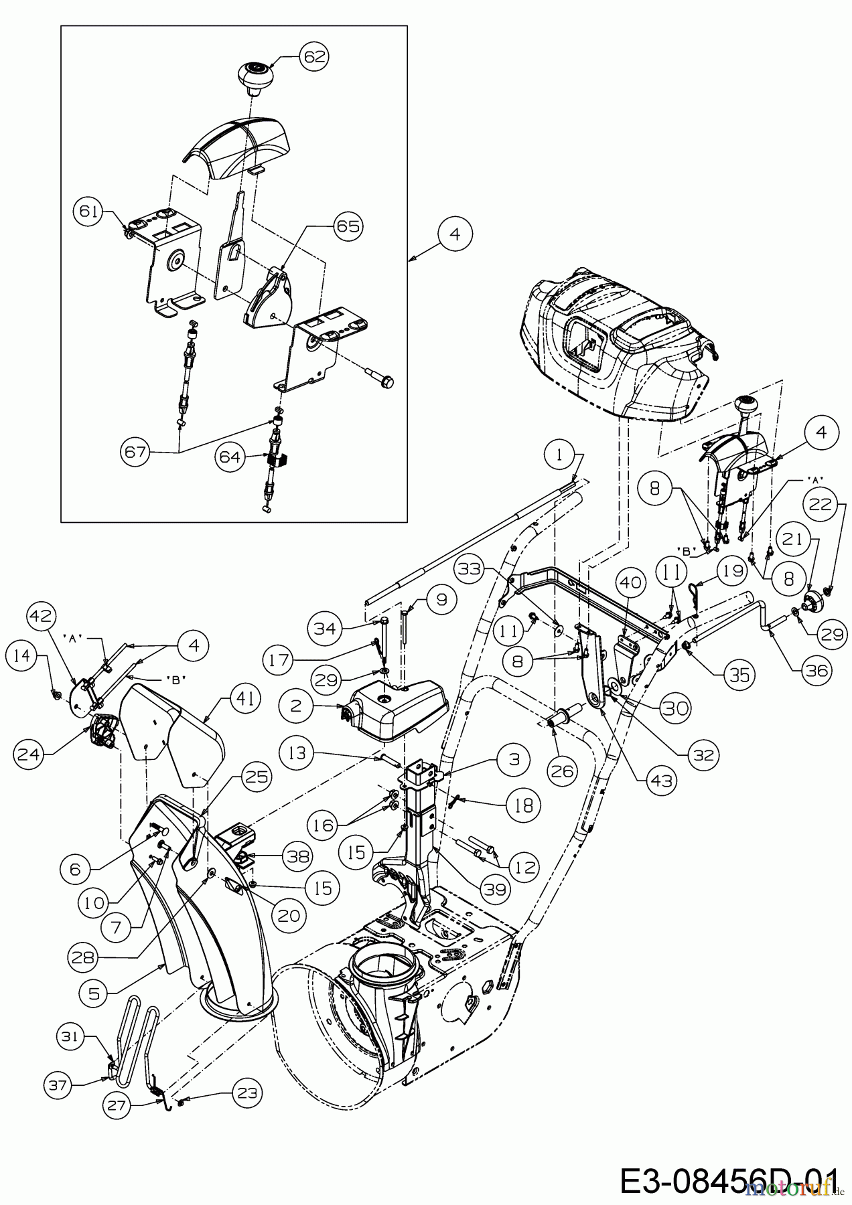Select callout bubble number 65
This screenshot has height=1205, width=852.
click(x=347, y=226)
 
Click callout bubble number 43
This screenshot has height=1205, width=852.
click(x=662, y=781)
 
